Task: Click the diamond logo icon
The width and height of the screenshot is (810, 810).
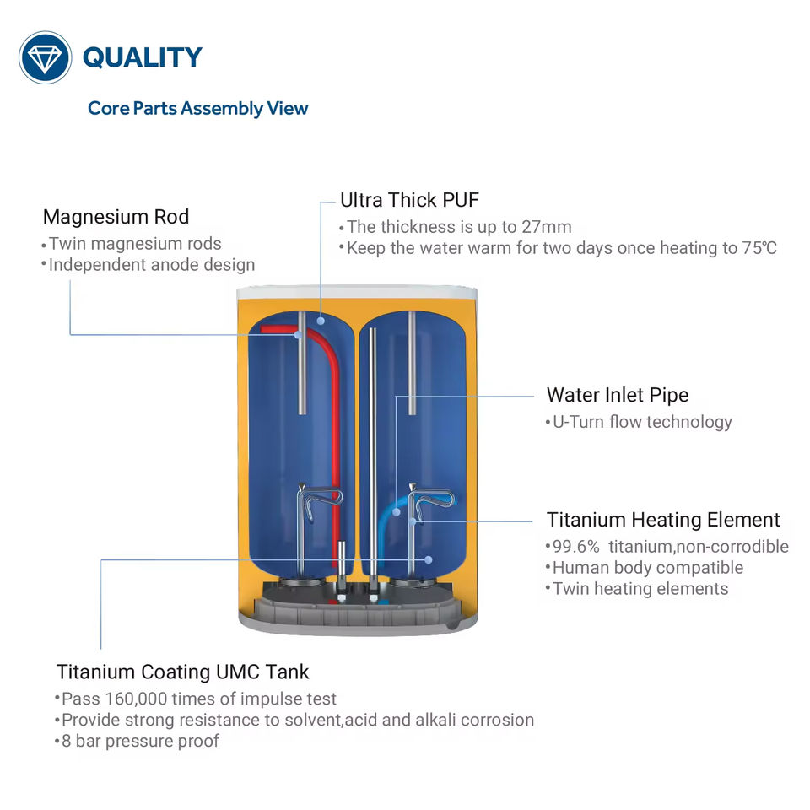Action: (46, 57)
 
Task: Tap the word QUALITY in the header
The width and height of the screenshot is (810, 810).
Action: (142, 57)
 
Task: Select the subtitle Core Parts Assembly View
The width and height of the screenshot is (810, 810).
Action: (198, 108)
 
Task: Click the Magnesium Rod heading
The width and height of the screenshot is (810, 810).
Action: (116, 217)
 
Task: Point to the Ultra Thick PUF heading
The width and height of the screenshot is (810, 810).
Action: (409, 200)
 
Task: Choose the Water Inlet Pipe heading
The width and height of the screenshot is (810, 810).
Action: (617, 395)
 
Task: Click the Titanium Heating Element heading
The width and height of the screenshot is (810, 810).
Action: (663, 520)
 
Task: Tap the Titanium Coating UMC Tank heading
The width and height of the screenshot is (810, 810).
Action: (182, 672)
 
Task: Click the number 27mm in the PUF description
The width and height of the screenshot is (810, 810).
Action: (548, 227)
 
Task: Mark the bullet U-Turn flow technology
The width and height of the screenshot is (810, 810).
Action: (641, 422)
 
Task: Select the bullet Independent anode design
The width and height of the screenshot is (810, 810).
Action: (151, 265)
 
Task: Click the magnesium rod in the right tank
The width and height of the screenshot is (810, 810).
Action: (412, 363)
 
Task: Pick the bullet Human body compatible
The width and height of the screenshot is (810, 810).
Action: (647, 568)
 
